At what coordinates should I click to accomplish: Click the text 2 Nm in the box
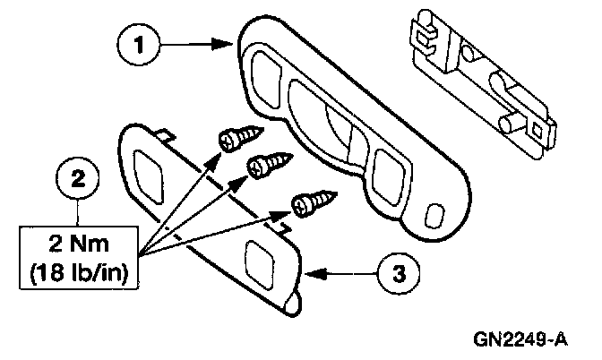point(80,240)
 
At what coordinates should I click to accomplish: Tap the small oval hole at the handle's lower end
point(435,216)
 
